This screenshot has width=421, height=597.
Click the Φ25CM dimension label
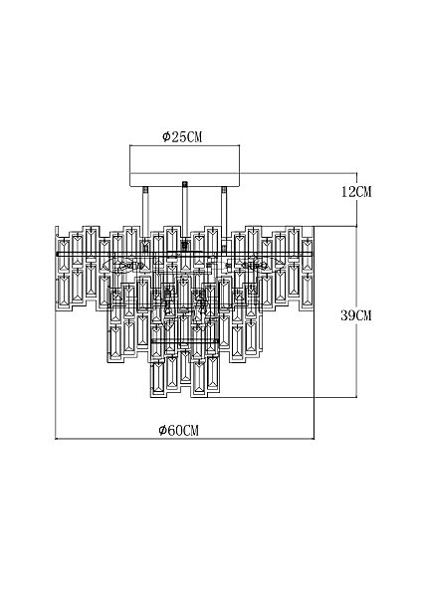click(x=182, y=136)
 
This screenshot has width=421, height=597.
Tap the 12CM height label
click(x=356, y=191)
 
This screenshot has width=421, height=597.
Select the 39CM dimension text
click(x=356, y=315)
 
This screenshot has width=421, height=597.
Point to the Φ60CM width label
click(x=179, y=430)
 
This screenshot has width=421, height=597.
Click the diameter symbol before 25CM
click(x=166, y=137)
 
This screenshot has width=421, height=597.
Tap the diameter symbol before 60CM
click(x=162, y=431)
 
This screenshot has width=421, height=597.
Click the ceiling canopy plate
click(x=184, y=165)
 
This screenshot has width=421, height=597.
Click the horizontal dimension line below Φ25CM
click(x=184, y=145)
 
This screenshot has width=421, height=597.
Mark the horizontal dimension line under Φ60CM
click(x=185, y=439)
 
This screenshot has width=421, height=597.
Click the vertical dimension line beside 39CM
click(x=356, y=311)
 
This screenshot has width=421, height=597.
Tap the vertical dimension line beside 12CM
click(x=356, y=200)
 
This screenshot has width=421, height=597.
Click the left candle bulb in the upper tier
click(x=125, y=264)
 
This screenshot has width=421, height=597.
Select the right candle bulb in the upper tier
click(x=254, y=264)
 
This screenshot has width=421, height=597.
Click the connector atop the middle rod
click(x=185, y=185)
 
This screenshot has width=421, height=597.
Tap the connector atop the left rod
click(x=145, y=190)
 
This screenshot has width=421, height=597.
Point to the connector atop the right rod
click(x=224, y=190)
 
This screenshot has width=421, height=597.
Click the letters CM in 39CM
click(x=363, y=315)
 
